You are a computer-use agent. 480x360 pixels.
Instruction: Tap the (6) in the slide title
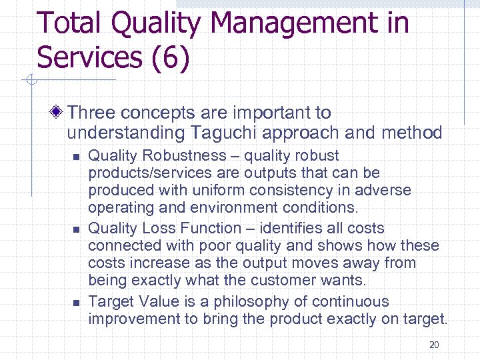tap(169, 58)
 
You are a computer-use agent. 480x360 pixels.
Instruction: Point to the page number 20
tap(434, 345)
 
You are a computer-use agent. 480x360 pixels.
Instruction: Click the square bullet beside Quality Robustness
tap(75, 157)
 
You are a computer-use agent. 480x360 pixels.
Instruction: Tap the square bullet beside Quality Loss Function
tap(75, 229)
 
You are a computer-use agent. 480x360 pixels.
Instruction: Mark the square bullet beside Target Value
tap(75, 302)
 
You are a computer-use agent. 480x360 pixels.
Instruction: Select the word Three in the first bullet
tap(89, 113)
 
